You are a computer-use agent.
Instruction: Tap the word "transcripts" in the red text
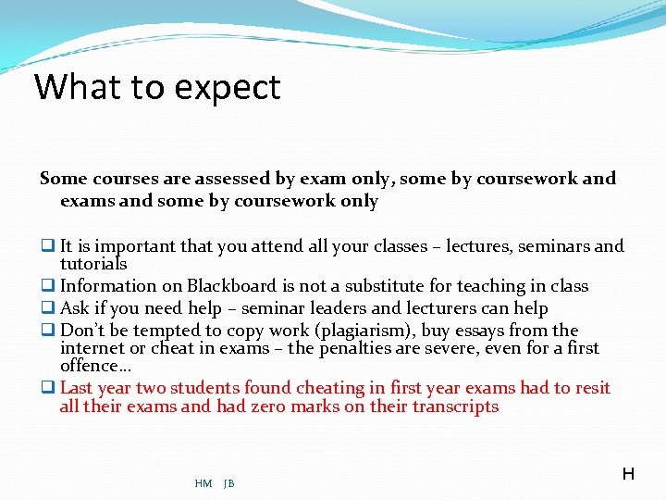point(455,406)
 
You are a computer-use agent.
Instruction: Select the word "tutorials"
point(93,264)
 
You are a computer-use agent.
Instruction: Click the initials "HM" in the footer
point(203,483)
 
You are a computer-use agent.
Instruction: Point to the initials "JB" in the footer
point(229,483)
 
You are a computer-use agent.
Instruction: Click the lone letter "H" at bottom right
point(628,474)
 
